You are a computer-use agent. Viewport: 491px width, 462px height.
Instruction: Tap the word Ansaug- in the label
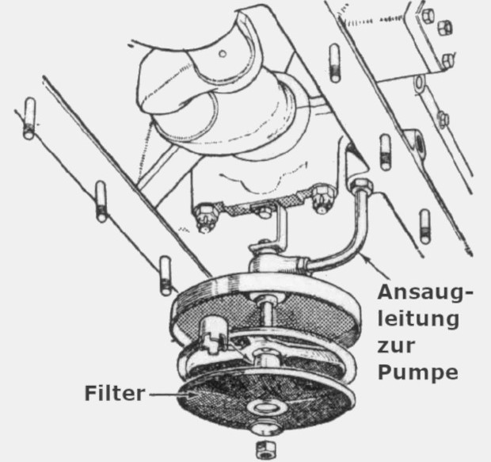coord(424,292)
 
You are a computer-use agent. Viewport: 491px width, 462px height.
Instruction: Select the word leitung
coord(419,319)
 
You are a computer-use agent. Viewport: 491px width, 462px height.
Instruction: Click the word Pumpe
coord(418,372)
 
